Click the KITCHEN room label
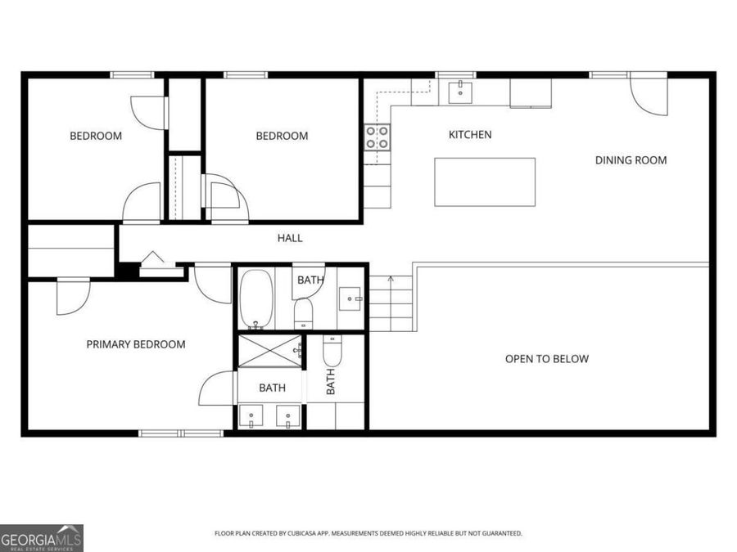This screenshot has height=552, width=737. (470, 135)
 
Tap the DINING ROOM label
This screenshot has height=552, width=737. (631, 160)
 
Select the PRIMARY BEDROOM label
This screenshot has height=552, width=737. (136, 344)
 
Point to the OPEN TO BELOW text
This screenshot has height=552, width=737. (546, 359)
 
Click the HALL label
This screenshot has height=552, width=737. (290, 238)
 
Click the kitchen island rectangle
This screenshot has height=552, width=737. (484, 182)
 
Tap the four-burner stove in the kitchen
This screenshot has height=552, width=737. (377, 137)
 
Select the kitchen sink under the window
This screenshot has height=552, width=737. (461, 90)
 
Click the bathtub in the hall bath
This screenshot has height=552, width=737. (255, 298)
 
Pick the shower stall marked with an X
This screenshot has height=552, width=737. (269, 352)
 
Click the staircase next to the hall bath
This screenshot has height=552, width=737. (391, 303)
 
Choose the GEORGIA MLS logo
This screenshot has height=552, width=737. (42, 537)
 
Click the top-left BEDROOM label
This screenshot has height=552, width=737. (96, 136)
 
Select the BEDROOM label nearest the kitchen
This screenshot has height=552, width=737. (282, 136)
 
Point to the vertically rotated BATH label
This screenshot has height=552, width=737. (332, 381)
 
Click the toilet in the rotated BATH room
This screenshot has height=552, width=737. (332, 351)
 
